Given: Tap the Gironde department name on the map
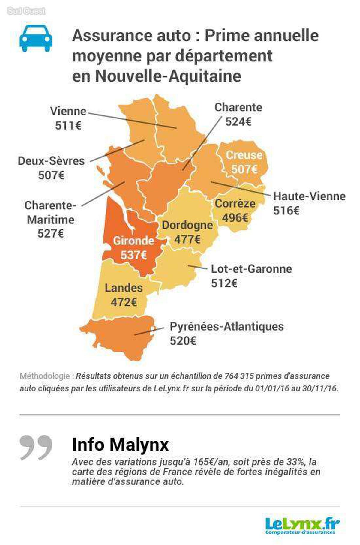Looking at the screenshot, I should click(133, 241).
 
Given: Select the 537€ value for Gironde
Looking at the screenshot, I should click(133, 255).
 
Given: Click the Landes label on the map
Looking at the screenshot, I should click(124, 288).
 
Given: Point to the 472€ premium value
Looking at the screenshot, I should click(124, 302).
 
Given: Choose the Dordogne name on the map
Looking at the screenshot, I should click(187, 225).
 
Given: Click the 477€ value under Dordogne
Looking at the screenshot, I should click(187, 239).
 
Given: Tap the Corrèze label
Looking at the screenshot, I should click(235, 203).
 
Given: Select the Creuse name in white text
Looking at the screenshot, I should click(244, 155).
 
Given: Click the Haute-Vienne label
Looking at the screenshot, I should click(309, 196).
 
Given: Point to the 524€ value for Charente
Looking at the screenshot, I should click(238, 122).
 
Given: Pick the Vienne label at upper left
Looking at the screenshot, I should click(68, 111).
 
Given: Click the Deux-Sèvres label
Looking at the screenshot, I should click(51, 161).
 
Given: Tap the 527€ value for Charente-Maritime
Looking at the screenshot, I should click(50, 234).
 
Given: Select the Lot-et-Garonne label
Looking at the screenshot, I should click(251, 269).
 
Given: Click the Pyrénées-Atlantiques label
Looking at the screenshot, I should click(226, 326).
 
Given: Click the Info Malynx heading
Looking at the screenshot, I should click(120, 445).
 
